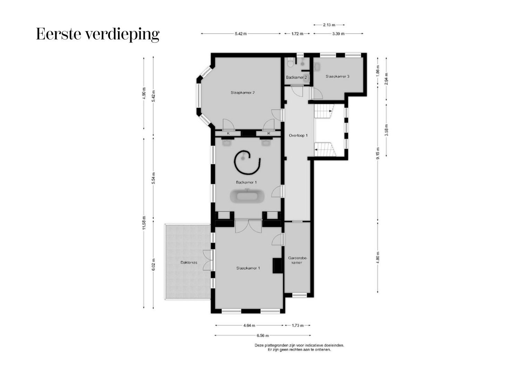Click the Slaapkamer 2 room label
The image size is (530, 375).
243,93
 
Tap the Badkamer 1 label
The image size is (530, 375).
246,182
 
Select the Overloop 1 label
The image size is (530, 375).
298,135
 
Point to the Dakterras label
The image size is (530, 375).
189,262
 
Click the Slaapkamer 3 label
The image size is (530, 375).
337,76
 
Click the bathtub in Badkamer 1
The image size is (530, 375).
247,196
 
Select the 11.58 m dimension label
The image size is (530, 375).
144,223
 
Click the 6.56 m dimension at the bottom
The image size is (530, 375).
263,335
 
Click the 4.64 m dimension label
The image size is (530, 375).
249,326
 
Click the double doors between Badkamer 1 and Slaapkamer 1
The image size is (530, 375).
249,226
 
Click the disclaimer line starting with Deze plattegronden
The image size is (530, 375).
299,345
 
